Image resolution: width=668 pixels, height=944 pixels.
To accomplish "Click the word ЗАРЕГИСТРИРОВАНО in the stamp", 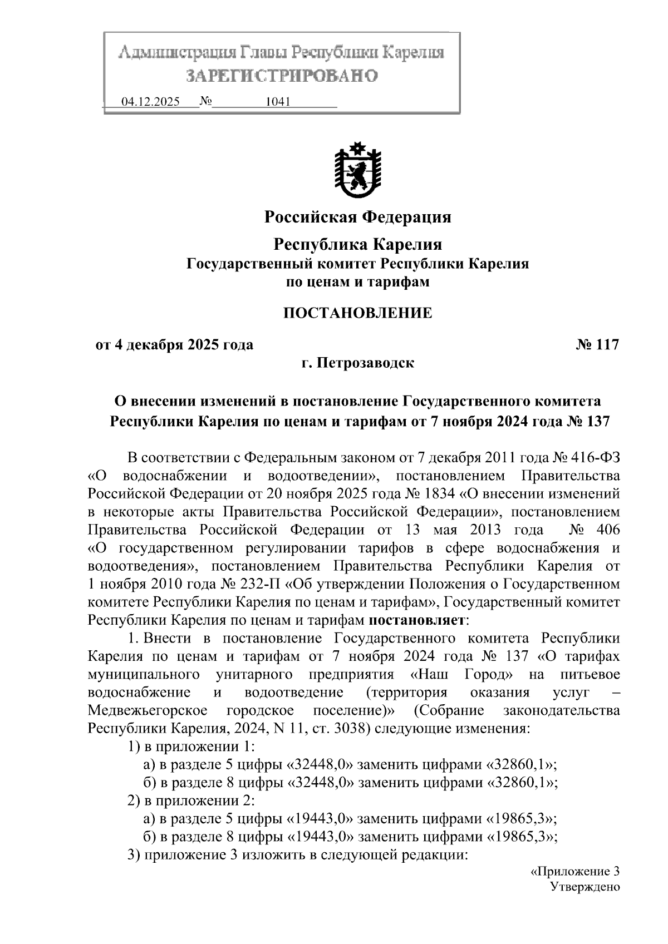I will point(281,76).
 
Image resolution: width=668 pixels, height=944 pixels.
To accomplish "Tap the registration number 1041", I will point(277,102).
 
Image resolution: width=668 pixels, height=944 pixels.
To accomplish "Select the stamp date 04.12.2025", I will point(150,102).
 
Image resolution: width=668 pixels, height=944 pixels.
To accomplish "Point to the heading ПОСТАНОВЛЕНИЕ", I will point(357,313).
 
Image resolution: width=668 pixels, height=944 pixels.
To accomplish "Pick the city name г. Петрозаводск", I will point(357,363).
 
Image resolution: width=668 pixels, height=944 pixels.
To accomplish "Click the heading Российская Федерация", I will point(357,217).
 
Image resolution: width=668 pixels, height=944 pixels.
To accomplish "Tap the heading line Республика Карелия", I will point(357,244).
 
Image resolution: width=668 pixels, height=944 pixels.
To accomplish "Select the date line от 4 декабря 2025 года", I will point(175,345).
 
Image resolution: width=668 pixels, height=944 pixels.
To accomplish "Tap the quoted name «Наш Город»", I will point(460,675).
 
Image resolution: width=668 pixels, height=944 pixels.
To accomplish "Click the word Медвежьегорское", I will point(148,711).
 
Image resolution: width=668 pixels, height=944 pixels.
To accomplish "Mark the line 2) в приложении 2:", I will point(191,800).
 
